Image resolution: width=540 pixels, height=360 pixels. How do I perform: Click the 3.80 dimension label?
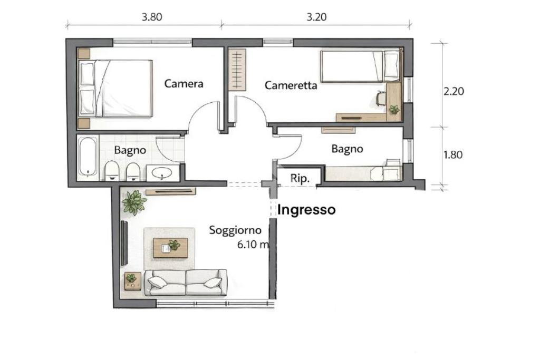coord(152,17)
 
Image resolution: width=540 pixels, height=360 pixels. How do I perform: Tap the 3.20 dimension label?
coord(316,17)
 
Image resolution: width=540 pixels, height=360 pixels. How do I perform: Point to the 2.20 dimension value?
coord(454,91)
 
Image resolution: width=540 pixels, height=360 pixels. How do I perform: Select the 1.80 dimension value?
coord(453,155)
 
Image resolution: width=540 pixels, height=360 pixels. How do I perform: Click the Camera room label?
coord(184,84)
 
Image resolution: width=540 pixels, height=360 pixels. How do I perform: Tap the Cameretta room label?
coord(291,85)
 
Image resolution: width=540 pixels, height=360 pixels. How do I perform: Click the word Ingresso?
coord(306,210)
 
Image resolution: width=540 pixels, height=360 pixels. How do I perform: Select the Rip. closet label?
coord(300,178)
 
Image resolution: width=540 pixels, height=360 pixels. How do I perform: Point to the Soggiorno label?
coord(235,230)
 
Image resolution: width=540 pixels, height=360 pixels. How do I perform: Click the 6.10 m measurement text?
coord(253,245)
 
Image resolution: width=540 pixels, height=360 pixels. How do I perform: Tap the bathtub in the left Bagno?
coord(88,157)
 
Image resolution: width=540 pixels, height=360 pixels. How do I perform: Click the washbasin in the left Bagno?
coord(162,173)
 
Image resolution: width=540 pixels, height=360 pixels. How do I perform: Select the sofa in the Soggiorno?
coord(186,282)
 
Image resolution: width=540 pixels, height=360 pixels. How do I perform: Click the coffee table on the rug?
coord(170,247)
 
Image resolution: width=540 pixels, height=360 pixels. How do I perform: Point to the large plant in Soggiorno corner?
coord(134,202)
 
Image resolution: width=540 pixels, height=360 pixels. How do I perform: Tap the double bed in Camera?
coord(115,89)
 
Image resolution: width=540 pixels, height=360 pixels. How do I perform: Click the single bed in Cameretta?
coord(361,66)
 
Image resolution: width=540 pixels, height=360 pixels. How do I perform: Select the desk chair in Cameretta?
coord(381,98)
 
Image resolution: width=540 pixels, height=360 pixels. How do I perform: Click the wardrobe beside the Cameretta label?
coord(237,70)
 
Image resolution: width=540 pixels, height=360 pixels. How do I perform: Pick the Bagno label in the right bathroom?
coord(347,149)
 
